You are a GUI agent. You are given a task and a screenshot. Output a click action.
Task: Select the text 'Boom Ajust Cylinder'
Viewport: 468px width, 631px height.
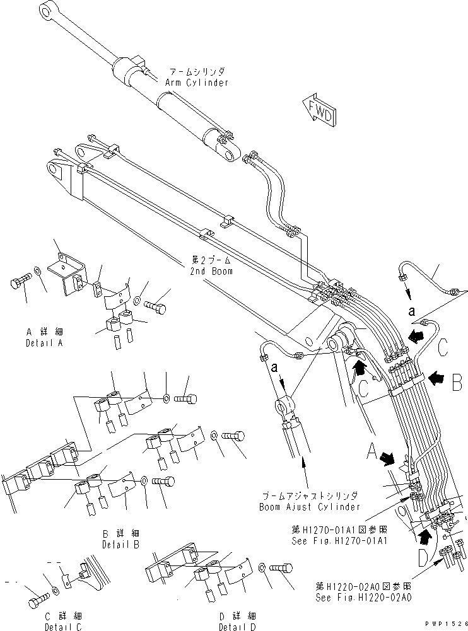pos(310,506)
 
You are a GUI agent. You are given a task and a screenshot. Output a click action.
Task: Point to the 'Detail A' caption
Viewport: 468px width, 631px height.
pos(44,343)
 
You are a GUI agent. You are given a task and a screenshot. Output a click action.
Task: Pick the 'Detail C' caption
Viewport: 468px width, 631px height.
pos(62,627)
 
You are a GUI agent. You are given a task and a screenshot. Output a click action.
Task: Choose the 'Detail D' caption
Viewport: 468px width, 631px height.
pos(237,627)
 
